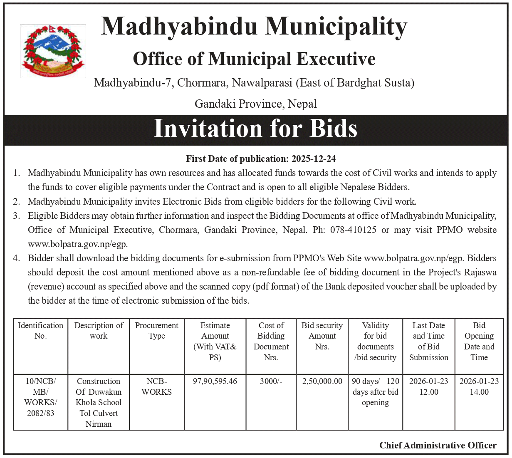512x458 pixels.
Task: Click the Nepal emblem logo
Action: click(53, 51)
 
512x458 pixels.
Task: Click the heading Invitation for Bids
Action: click(255, 129)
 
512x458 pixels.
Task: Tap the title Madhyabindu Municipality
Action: click(254, 27)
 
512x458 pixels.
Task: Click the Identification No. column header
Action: click(40, 331)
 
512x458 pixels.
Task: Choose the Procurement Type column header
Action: click(157, 331)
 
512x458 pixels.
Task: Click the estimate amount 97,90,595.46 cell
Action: click(215, 381)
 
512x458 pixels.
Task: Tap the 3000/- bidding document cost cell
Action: click(271, 381)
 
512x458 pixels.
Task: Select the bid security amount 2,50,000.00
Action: click(322, 381)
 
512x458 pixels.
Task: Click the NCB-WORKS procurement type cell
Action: click(157, 386)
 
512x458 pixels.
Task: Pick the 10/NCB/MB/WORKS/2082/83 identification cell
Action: click(40, 397)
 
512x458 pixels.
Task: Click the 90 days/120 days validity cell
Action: click(376, 392)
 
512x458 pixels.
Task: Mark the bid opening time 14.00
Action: click(479, 392)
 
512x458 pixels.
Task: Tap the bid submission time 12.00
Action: click(429, 392)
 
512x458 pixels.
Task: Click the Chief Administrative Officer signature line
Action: click(438, 446)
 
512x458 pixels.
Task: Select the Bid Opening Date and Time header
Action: click(479, 341)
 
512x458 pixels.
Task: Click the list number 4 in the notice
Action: click(16, 258)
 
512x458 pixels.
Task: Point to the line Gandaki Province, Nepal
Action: click(255, 104)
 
